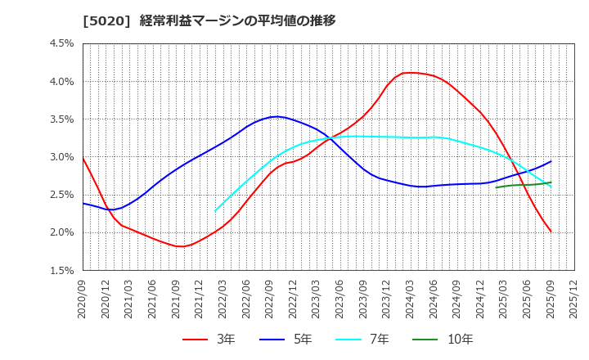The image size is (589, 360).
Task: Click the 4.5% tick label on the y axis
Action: tap(62, 43)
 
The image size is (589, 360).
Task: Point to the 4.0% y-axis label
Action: tap(62, 81)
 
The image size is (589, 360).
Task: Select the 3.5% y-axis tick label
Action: tap(62, 119)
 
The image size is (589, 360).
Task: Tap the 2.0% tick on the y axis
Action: tap(62, 232)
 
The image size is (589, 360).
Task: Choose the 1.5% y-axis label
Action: tap(62, 270)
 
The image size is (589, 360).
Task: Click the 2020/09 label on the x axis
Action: tap(82, 296)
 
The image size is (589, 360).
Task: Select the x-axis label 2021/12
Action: tap(200, 296)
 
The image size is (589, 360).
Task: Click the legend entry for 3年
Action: tap(209, 339)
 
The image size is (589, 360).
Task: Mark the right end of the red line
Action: tap(551, 232)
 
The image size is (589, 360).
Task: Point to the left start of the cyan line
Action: tap(215, 211)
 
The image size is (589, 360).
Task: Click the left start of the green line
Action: tap(496, 187)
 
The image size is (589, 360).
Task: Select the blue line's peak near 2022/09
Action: tap(278, 116)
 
